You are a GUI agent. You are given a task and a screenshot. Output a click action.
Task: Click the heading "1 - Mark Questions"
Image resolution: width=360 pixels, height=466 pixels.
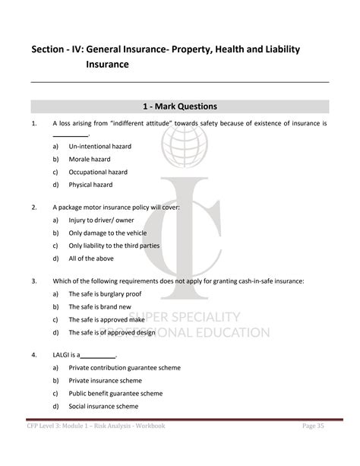[x=180, y=106]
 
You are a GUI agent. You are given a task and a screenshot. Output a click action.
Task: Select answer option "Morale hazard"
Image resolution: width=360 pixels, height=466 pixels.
[x=89, y=159]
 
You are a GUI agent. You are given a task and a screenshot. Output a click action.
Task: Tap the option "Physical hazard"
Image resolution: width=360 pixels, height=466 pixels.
[x=90, y=185]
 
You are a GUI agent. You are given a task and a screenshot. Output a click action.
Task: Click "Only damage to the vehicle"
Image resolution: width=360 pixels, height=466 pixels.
[x=107, y=233]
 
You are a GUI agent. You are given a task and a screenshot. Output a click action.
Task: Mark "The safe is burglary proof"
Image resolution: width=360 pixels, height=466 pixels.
[x=105, y=293]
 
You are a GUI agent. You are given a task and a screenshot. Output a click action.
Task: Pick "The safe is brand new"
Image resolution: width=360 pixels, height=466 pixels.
[x=99, y=306]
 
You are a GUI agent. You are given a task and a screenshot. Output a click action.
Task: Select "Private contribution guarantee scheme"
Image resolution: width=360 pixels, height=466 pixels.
[x=124, y=367]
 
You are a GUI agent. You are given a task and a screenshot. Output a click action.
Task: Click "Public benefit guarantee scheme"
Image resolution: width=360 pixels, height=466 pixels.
[x=115, y=393]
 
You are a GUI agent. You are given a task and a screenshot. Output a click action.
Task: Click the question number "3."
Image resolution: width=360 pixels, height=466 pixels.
[x=34, y=281]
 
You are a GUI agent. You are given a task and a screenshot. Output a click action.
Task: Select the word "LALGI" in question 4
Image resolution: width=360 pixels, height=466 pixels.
[x=63, y=354]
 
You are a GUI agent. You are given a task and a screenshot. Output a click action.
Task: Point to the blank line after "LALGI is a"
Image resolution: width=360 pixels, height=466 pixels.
[x=97, y=355]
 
